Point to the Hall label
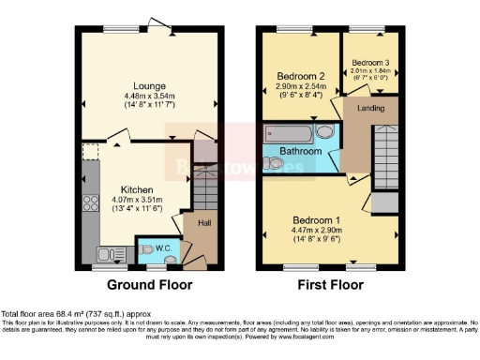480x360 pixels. (x=203, y=223)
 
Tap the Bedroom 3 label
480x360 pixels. (x=368, y=61)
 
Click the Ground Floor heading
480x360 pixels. (x=150, y=285)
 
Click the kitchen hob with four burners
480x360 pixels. (x=91, y=200)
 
